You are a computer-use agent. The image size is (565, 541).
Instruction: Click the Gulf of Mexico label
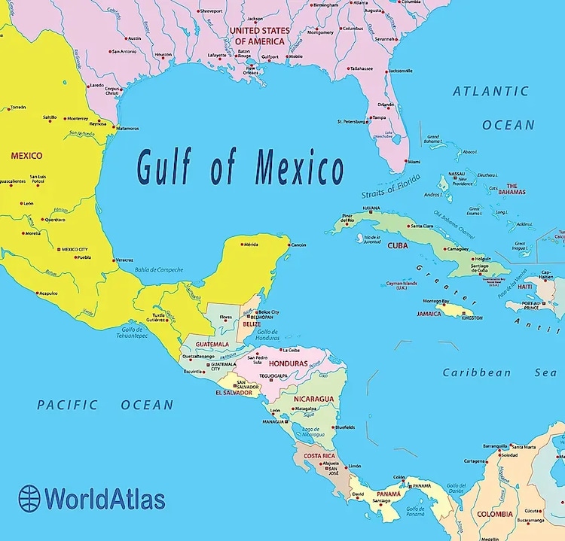coord(240,167)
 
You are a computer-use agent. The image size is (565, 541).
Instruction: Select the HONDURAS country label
coord(288,363)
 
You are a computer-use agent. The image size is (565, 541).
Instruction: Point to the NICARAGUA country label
coord(313,398)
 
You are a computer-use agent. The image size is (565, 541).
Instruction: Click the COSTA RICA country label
coord(319,456)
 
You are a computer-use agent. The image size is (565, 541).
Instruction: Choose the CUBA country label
coord(398,245)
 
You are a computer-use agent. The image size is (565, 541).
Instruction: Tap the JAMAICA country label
coord(429,314)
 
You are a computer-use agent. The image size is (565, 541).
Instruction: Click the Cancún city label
coord(298,245)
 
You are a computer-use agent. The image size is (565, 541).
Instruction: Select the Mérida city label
coord(251,245)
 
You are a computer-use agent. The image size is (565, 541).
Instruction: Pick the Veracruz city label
coord(125,260)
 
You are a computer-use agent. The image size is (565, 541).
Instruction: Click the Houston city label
coord(163,54)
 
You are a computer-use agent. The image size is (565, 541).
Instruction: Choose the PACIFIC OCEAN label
coord(105,405)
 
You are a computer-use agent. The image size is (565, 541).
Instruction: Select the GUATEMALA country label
coord(212,345)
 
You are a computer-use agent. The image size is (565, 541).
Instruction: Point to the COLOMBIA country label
coord(495,515)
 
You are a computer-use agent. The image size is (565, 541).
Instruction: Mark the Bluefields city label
coord(345,427)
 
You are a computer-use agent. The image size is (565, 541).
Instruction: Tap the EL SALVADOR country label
coord(233,393)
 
